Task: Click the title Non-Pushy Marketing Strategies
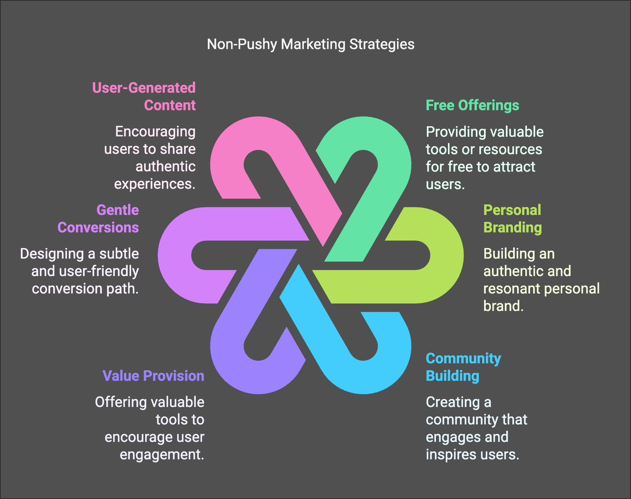[311, 44]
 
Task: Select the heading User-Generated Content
[144, 96]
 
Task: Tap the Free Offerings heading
[472, 105]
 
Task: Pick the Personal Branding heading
[512, 219]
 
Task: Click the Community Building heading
[463, 367]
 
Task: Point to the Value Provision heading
[153, 376]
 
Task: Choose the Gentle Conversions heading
[98, 219]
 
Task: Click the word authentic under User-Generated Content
[166, 167]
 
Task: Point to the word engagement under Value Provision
[162, 454]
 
